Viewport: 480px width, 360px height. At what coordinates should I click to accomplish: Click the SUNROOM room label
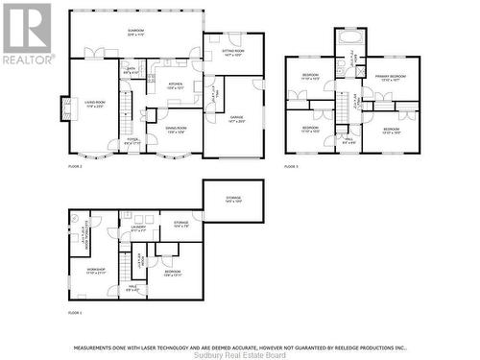[x=135, y=32]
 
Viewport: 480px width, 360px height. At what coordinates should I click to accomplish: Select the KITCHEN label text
[x=175, y=85]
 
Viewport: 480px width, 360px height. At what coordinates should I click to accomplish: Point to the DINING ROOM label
[x=176, y=129]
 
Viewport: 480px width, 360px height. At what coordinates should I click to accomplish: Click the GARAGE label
[x=235, y=119]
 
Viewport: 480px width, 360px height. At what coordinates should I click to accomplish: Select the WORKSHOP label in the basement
[x=95, y=272]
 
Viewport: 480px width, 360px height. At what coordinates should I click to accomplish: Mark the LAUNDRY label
[x=138, y=228]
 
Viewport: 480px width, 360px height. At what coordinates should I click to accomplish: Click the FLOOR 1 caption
[x=75, y=313]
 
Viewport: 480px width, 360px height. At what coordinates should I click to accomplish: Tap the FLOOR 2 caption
[x=75, y=167]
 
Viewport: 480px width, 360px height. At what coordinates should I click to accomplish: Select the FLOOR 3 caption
[x=291, y=167]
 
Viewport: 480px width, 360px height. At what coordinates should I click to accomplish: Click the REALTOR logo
[x=27, y=33]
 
